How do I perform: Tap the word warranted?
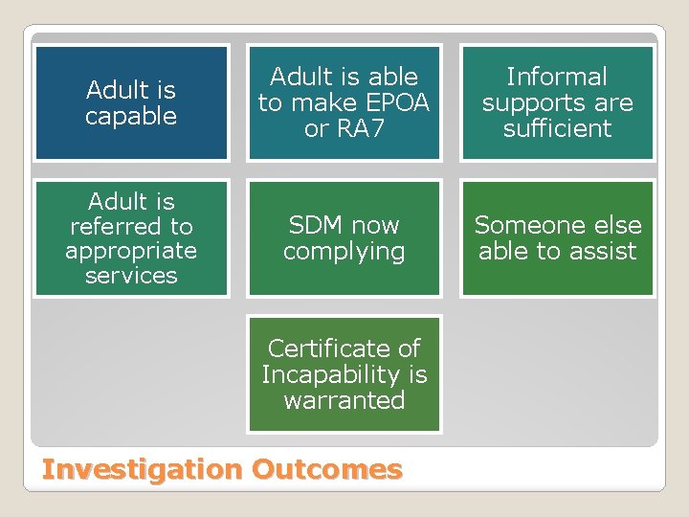tap(344, 400)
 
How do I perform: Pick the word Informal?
tap(557, 77)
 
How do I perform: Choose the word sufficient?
tap(557, 128)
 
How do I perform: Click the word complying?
tap(344, 252)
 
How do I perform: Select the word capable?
tap(131, 117)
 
